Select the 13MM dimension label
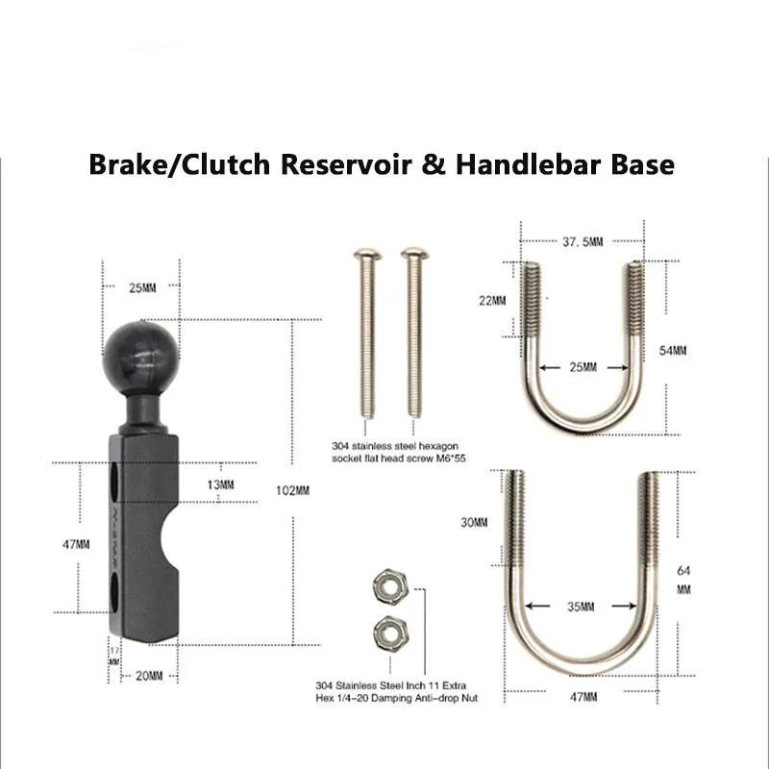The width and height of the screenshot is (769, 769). click(220, 484)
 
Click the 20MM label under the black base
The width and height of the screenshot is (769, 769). click(147, 676)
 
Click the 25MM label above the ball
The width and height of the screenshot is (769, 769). click(141, 285)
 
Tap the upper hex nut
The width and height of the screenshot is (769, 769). click(387, 583)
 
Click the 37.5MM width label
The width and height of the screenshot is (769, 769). click(578, 241)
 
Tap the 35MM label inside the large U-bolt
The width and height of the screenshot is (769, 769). click(581, 607)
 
